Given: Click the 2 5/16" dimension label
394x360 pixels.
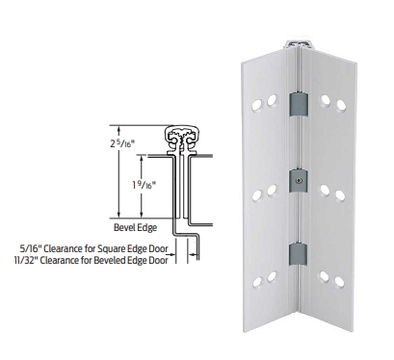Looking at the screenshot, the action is (x=121, y=143).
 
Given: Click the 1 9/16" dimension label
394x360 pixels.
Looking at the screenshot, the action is (x=144, y=185).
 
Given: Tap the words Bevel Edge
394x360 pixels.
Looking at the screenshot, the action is (x=136, y=227).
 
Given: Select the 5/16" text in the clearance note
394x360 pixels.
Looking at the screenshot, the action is (x=31, y=248).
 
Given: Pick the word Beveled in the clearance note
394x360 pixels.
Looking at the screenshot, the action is (x=109, y=260).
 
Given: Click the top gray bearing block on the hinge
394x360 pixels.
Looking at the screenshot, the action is (x=299, y=104).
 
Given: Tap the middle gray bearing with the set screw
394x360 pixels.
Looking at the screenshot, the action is (x=299, y=181).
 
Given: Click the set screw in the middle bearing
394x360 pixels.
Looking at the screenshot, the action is (x=300, y=181).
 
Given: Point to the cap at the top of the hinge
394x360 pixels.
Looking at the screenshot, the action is (x=299, y=44).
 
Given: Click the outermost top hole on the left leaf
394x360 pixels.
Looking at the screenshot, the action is (x=257, y=105).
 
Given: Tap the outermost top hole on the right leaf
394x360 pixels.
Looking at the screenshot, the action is (x=341, y=105).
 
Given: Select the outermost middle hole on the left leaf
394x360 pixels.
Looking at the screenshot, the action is (x=257, y=195).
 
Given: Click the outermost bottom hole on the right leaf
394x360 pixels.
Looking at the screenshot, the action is (x=339, y=282).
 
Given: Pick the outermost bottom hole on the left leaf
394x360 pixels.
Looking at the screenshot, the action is (x=257, y=282).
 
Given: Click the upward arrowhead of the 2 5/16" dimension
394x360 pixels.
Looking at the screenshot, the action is (x=119, y=129).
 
